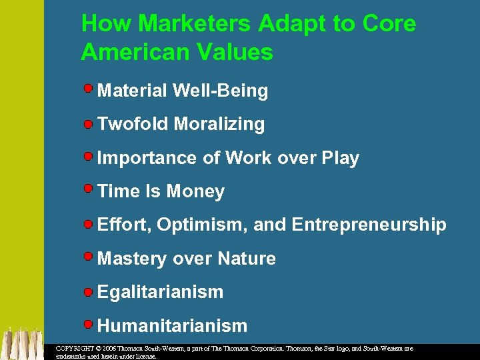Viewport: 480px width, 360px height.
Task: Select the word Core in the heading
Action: click(389, 24)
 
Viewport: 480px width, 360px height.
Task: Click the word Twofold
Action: click(133, 125)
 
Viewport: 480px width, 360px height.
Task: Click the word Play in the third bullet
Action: click(340, 159)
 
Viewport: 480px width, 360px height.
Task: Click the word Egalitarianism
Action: click(160, 292)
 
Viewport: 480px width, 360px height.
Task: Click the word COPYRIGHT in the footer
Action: click(75, 349)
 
